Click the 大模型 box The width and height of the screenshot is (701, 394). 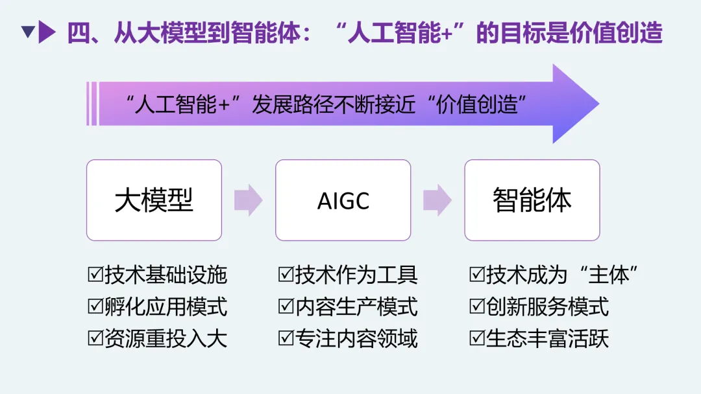click(154, 200)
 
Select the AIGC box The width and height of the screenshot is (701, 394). click(343, 200)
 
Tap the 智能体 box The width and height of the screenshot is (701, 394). click(532, 200)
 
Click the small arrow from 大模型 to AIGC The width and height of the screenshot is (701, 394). click(248, 200)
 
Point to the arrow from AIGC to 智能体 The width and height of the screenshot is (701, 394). click(437, 200)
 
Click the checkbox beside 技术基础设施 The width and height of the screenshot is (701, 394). click(95, 275)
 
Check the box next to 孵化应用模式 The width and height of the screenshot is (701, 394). click(95, 307)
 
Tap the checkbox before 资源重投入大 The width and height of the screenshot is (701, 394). click(95, 338)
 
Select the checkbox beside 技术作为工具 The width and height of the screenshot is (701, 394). click(286, 275)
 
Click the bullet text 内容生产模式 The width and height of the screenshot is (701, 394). click(356, 307)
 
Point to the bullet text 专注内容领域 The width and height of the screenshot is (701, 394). click(356, 338)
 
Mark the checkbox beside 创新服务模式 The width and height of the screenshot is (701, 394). click(476, 307)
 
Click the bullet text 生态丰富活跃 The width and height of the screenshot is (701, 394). click(547, 338)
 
